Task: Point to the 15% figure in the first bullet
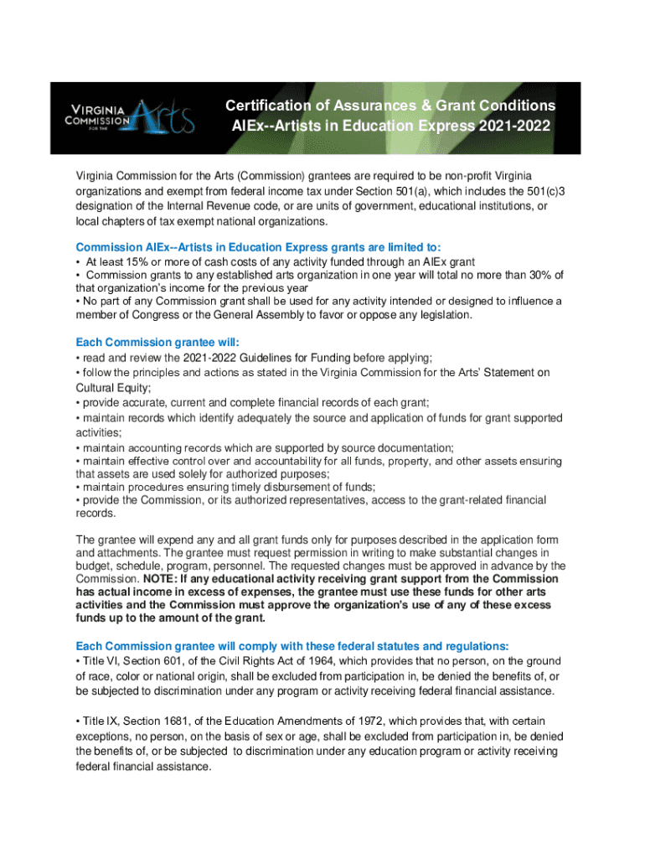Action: (x=133, y=262)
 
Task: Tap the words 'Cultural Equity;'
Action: (x=114, y=388)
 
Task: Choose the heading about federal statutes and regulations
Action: (x=292, y=646)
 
